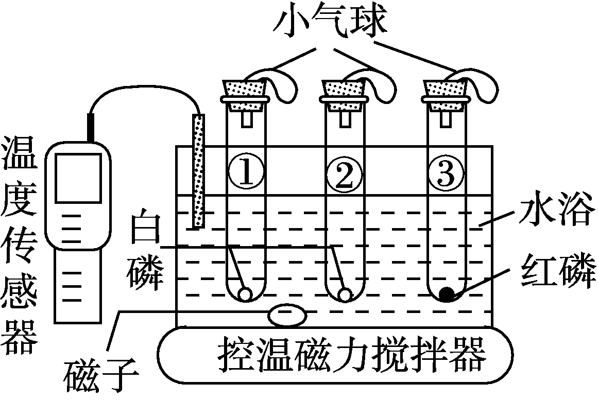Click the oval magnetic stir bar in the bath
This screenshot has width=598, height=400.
pos(286,314)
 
